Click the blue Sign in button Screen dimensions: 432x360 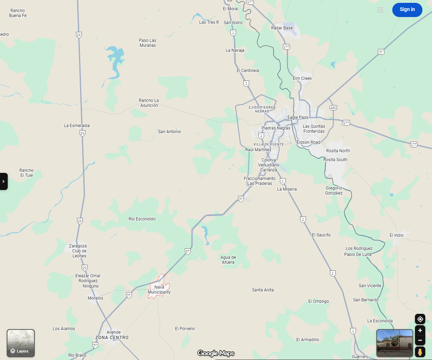pyautogui.click(x=407, y=10)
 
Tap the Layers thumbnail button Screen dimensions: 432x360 pyautogui.click(x=21, y=343)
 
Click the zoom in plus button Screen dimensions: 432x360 pyautogui.click(x=420, y=331)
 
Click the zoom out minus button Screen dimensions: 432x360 pyautogui.click(x=420, y=340)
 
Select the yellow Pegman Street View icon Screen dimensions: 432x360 pyautogui.click(x=420, y=352)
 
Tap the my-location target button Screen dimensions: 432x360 pyautogui.click(x=420, y=319)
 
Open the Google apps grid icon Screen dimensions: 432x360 pyautogui.click(x=380, y=10)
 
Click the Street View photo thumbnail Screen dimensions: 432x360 pyautogui.click(x=394, y=343)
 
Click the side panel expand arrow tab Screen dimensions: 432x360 pyautogui.click(x=4, y=181)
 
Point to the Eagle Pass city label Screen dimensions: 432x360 pyautogui.click(x=298, y=118)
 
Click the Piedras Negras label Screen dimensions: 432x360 pyautogui.click(x=276, y=128)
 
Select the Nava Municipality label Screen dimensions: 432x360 pyautogui.click(x=159, y=290)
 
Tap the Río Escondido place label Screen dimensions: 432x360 pyautogui.click(x=142, y=219)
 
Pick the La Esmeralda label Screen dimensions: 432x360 pyautogui.click(x=77, y=126)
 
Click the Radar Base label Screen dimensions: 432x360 pyautogui.click(x=282, y=28)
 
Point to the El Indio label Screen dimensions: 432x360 pyautogui.click(x=397, y=235)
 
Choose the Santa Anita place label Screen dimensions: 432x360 pyautogui.click(x=263, y=290)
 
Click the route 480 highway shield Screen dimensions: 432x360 pyautogui.click(x=333, y=108)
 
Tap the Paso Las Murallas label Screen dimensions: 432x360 pyautogui.click(x=148, y=43)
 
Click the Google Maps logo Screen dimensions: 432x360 pyautogui.click(x=216, y=353)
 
